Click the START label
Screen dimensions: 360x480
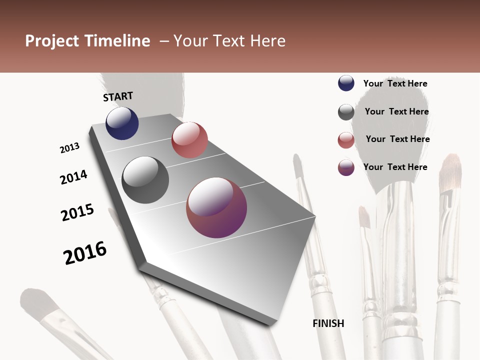tap(118, 96)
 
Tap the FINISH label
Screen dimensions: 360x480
tap(328, 323)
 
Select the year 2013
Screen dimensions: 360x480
tap(70, 148)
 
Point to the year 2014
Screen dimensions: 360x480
tap(74, 177)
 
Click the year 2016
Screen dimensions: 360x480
tap(85, 253)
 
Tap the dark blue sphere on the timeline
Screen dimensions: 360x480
tap(122, 123)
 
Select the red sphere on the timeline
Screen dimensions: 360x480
tap(189, 140)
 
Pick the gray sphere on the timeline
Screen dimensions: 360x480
tap(145, 180)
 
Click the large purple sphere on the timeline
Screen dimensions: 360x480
tap(216, 207)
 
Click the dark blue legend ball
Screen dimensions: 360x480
tap(346, 83)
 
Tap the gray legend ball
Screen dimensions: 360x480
tap(346, 112)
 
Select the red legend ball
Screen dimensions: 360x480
tap(346, 140)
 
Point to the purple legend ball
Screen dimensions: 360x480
tap(346, 167)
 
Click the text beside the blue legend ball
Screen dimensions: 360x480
tap(395, 83)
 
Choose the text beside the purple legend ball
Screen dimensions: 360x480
tap(395, 167)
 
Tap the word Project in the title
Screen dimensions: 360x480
tap(52, 41)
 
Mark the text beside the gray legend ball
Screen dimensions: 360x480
tap(396, 111)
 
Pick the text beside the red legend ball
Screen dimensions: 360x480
tap(397, 139)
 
